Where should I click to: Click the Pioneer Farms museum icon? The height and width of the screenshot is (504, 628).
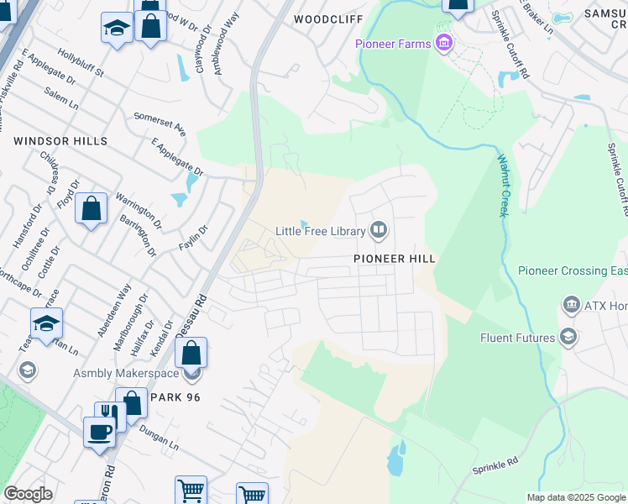pyautogui.click(x=443, y=44)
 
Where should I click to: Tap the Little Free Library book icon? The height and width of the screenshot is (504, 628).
pyautogui.click(x=379, y=230)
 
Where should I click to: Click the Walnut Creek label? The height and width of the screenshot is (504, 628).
pyautogui.click(x=503, y=185)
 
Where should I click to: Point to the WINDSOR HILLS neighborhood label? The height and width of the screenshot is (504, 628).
pyautogui.click(x=60, y=141)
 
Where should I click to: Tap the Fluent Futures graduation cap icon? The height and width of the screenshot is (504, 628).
pyautogui.click(x=568, y=338)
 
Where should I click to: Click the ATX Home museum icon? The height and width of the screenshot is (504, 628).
pyautogui.click(x=572, y=304)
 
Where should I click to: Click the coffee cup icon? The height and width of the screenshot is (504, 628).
pyautogui.click(x=100, y=432)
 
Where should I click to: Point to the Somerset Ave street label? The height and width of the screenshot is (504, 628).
pyautogui.click(x=160, y=123)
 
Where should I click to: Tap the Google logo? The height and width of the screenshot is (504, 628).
pyautogui.click(x=28, y=494)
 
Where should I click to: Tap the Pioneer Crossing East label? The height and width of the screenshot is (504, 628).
pyautogui.click(x=573, y=270)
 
